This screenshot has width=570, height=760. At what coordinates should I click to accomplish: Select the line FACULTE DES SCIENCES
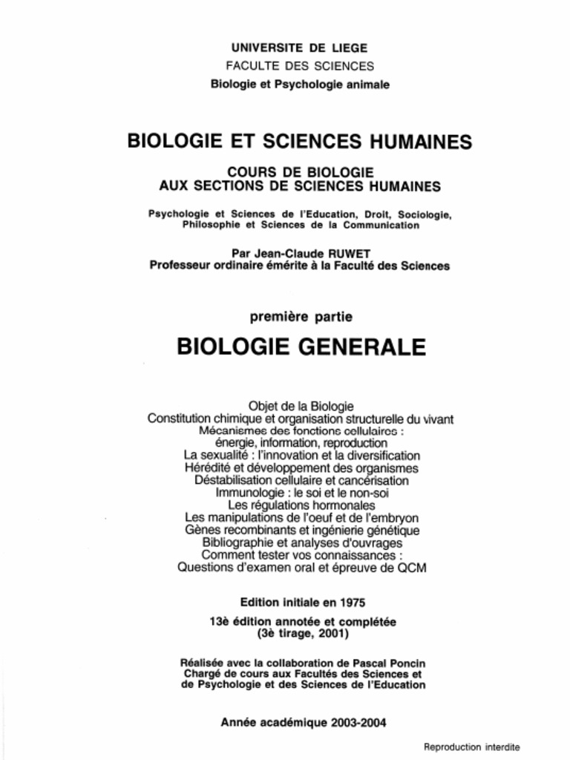coord(300,66)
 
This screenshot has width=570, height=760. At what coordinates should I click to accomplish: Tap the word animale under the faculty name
coord(364,85)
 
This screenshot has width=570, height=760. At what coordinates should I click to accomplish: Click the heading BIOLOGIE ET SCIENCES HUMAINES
coord(300,141)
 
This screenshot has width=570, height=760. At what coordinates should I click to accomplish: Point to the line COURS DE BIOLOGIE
coord(300,171)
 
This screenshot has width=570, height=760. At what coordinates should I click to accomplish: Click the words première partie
coord(301,317)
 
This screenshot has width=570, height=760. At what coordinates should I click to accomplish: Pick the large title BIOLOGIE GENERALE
coord(301,347)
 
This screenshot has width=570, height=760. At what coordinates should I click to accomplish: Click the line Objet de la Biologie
coord(301,406)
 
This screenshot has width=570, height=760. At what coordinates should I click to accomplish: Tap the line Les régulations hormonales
coord(301,505)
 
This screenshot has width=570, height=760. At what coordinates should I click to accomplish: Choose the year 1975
coord(351,602)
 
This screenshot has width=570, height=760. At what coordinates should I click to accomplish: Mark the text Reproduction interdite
coord(471,747)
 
